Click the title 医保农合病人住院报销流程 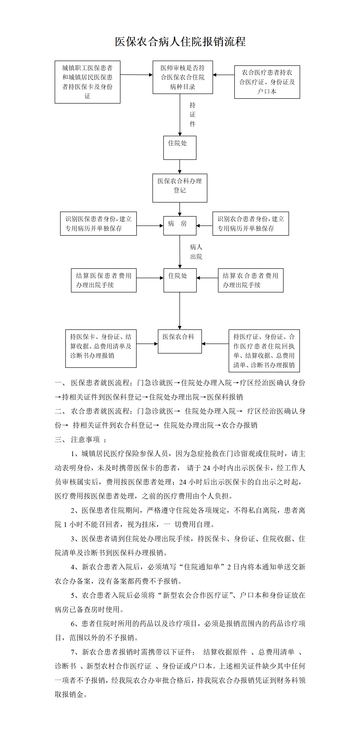coord(180,42)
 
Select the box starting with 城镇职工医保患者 coord(87,82)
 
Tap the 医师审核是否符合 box coord(183,77)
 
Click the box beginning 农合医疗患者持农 coord(267,82)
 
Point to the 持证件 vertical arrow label coord(193,115)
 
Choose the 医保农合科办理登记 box coord(180,188)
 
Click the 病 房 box coord(180,225)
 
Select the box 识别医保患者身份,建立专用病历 coord(98,224)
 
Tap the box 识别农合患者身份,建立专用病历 coord(251,224)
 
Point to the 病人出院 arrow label coord(196,252)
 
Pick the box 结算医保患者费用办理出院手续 coord(104,280)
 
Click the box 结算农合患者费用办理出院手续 coord(251,280)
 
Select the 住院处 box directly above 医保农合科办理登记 coord(180,148)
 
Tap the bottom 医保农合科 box coord(180,341)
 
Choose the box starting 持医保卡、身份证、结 coord(101,348)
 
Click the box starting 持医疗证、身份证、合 coord(264,351)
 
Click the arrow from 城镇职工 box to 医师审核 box coord(136,75)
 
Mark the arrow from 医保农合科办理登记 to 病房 coord(180,209)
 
